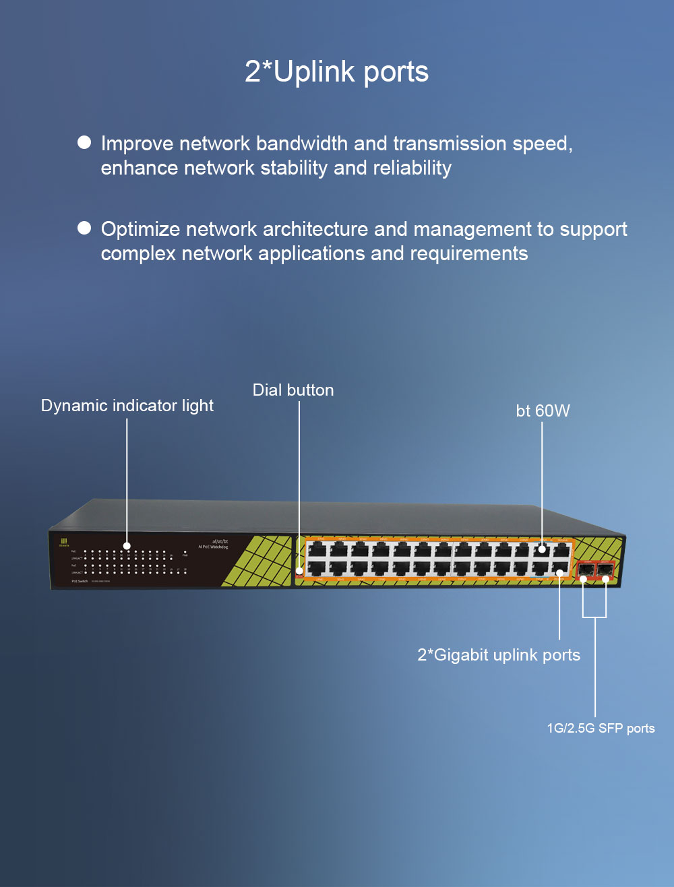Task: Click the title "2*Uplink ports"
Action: [x=336, y=71]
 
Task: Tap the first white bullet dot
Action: [x=84, y=142]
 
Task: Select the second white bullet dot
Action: [x=84, y=228]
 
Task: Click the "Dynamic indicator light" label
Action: [x=127, y=405]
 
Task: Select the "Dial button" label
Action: [x=293, y=390]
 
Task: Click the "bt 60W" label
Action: [x=543, y=410]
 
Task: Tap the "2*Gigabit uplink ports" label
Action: [x=499, y=654]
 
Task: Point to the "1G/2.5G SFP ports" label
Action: [x=601, y=728]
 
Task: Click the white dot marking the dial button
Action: [x=299, y=572]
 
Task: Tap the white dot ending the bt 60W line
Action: [x=542, y=550]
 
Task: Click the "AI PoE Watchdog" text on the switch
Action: [x=213, y=547]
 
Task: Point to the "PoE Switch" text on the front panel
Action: [x=80, y=581]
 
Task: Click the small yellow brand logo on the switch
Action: [x=65, y=541]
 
